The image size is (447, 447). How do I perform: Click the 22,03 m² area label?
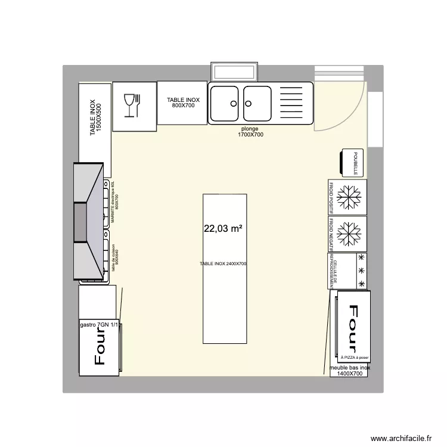(223, 228)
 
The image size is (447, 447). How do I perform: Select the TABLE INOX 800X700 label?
(183, 103)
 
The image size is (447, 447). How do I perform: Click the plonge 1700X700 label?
(252, 132)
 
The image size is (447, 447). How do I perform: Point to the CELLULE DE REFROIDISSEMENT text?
(336, 271)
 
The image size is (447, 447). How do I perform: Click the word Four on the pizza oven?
(352, 329)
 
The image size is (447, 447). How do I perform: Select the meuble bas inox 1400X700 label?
(350, 371)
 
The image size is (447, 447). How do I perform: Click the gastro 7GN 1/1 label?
(99, 325)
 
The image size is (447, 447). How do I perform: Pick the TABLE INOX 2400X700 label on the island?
(223, 263)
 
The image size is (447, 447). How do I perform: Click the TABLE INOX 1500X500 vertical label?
(96, 118)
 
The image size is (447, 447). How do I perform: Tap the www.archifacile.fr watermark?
(401, 438)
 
